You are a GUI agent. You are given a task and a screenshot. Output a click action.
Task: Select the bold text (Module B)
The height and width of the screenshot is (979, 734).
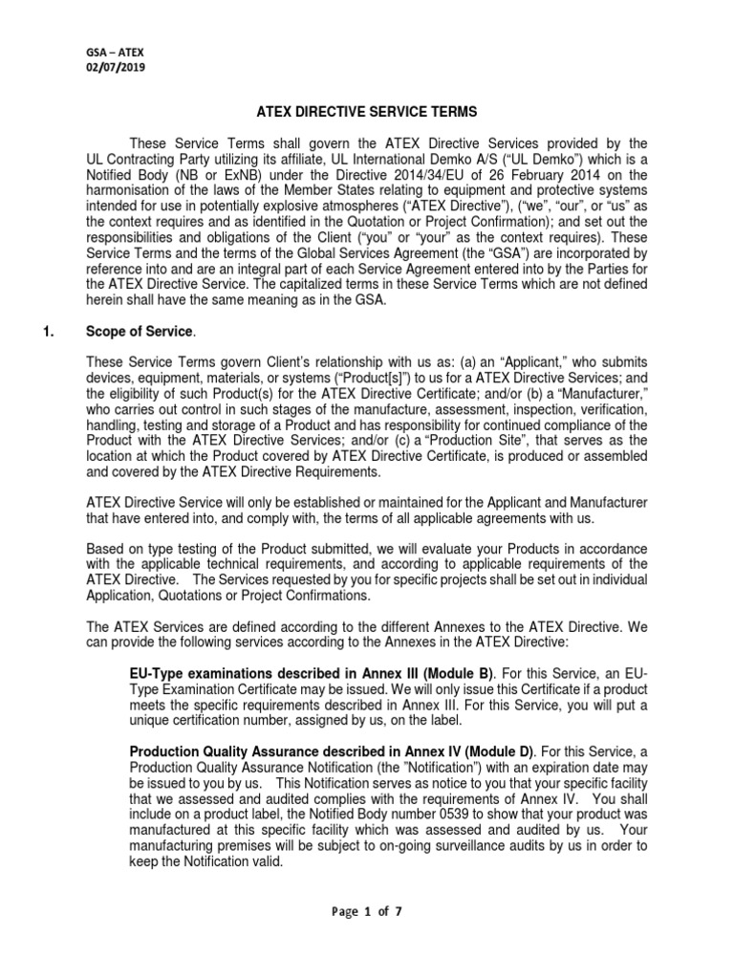click(480, 674)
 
